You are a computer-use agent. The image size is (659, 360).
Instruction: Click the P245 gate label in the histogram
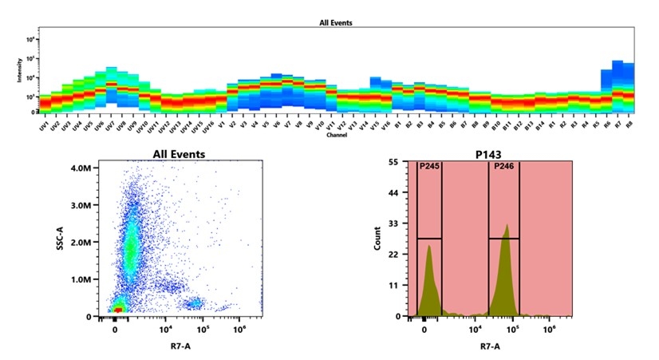point(429,166)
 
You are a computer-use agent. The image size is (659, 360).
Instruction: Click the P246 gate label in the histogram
point(503,166)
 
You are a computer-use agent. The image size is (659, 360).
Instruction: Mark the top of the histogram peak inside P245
point(428,246)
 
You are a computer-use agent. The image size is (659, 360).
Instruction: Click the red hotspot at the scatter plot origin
point(118,307)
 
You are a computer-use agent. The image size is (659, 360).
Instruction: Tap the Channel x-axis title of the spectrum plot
point(336,135)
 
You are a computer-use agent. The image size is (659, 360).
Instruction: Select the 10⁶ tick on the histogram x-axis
point(549,328)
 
